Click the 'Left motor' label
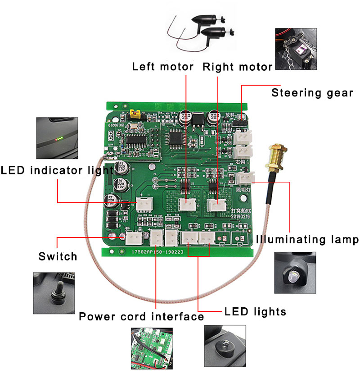tap(162, 67)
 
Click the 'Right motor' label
tap(238, 67)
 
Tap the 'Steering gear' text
tap(312, 93)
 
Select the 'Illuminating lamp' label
tap(307, 239)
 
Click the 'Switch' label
tap(58, 257)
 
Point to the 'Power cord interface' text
tap(141, 317)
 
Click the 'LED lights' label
tap(255, 311)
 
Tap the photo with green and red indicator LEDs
tap(57, 138)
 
